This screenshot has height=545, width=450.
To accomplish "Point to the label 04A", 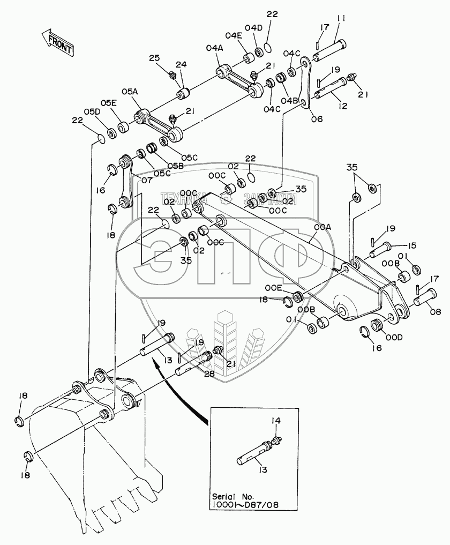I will click(213, 48).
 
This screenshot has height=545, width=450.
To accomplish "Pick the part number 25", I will click(155, 58).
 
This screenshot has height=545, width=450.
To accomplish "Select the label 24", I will click(181, 65).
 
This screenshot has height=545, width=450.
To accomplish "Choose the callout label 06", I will click(317, 119).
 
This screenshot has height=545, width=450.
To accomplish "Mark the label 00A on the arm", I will click(323, 227).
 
